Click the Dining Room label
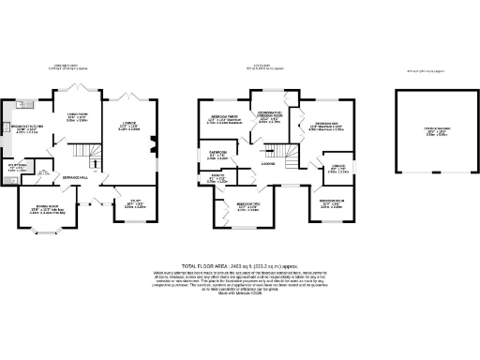coord(50,210)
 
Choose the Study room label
coord(136,201)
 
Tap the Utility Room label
coord(18,168)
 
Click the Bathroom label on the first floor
coord(217,155)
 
